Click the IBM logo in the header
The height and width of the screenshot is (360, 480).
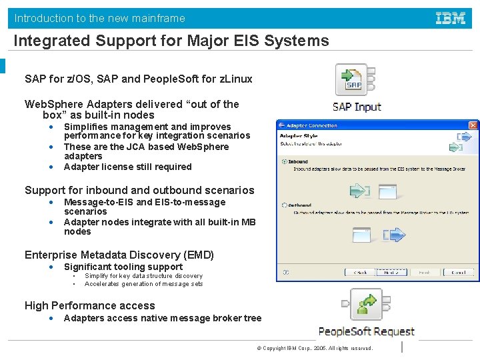[x=451, y=18]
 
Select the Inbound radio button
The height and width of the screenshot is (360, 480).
[x=285, y=161]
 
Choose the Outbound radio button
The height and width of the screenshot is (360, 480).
[x=285, y=205]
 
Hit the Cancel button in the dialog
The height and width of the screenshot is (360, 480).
[x=458, y=272]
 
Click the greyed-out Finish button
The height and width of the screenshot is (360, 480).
[x=425, y=272]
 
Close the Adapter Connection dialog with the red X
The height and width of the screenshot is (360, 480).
[x=473, y=125]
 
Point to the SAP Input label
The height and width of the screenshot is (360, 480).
[x=357, y=107]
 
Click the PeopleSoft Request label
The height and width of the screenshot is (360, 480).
[x=366, y=331]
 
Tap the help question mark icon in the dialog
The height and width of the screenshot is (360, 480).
[x=285, y=272]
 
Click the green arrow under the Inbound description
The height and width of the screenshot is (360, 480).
[x=359, y=190]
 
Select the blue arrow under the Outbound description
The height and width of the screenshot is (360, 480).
[x=395, y=234]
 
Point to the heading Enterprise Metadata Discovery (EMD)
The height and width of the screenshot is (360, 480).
[x=119, y=255]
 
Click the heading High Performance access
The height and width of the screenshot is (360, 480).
[x=90, y=305]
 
